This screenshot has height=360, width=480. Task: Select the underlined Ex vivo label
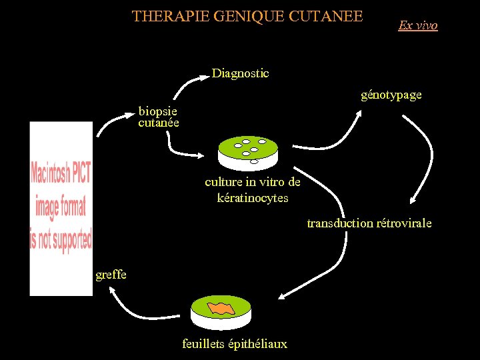pos(418,25)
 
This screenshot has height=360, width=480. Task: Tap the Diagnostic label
pos(240,73)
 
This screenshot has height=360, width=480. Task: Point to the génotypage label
pos(391,95)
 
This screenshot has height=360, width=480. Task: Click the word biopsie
pos(157,111)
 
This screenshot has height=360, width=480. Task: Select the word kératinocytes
pos(253,198)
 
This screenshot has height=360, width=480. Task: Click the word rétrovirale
pos(404,223)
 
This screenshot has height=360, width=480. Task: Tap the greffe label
pos(111,274)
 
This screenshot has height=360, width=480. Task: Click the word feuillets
pos(204,344)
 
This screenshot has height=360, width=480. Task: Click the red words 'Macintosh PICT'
pos(61,175)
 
